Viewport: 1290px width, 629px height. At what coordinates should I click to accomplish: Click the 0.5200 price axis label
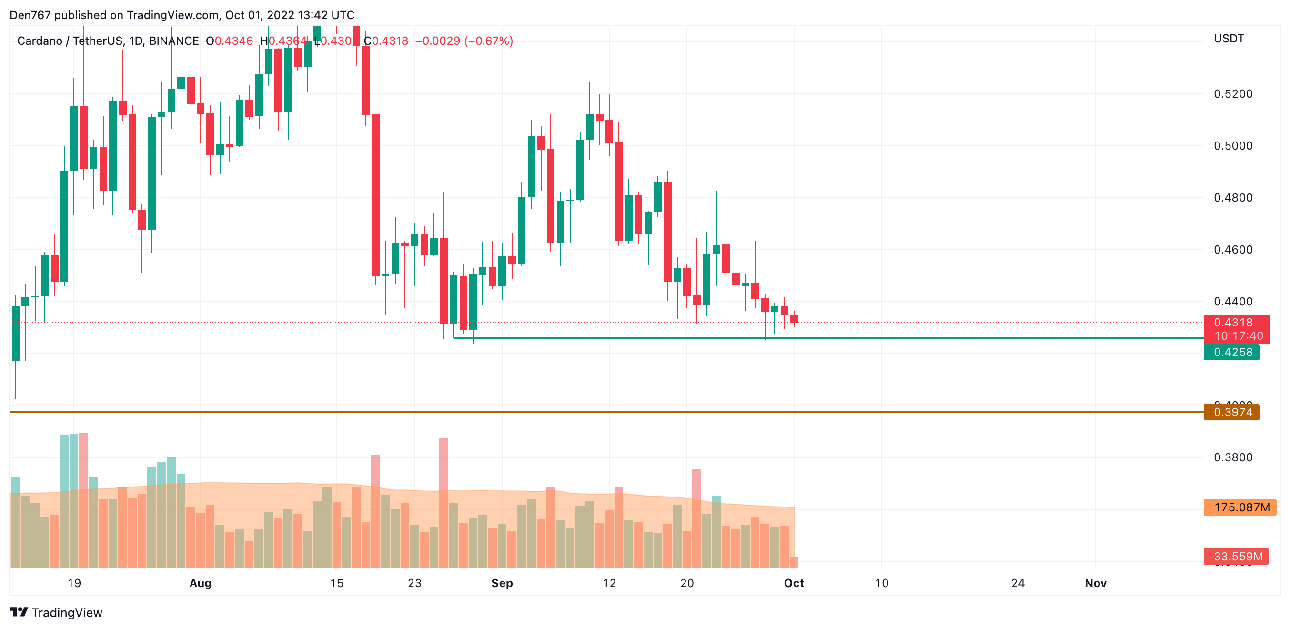click(1232, 94)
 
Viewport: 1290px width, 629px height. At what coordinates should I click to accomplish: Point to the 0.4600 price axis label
click(1232, 249)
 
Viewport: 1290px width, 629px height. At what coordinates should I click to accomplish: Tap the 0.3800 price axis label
click(1232, 457)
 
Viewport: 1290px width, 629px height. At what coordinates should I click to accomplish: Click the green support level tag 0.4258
click(1232, 352)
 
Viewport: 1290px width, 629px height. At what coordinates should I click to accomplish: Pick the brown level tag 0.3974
click(1232, 412)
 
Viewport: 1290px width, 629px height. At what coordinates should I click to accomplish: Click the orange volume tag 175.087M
click(1241, 507)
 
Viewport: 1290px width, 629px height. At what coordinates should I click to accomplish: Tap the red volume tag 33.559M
click(1238, 557)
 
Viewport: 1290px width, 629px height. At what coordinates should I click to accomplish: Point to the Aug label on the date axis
click(200, 583)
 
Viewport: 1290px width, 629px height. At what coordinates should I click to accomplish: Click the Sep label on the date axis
click(502, 583)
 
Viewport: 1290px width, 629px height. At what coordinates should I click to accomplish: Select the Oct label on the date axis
click(794, 583)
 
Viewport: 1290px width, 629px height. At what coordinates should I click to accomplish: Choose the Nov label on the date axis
click(1095, 583)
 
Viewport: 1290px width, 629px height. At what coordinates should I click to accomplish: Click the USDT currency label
click(1229, 39)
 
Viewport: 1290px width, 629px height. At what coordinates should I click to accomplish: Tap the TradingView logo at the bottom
click(56, 612)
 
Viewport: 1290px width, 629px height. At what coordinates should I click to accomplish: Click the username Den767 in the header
click(30, 15)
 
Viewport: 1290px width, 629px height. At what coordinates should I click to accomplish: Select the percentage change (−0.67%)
click(488, 41)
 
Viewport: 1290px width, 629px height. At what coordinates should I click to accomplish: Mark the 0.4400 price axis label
click(1232, 302)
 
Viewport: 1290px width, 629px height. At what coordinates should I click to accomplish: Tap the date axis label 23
click(414, 583)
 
